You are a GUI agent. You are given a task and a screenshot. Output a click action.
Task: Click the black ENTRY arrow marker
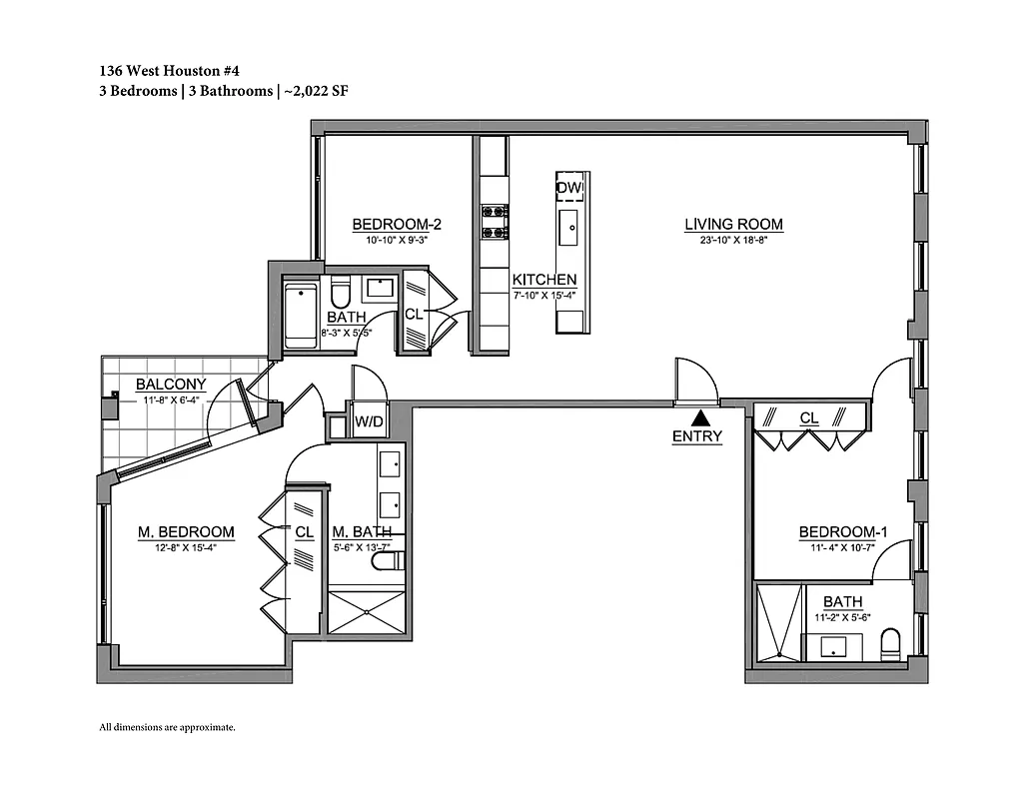click(702, 418)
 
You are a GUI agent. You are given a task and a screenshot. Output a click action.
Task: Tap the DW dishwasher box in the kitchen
click(569, 188)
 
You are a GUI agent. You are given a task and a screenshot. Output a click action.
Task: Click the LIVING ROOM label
click(733, 225)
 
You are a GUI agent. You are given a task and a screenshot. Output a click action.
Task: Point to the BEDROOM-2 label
click(396, 225)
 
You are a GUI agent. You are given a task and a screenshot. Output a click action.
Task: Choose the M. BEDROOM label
click(186, 532)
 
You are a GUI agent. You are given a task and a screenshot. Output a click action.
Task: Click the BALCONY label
click(171, 385)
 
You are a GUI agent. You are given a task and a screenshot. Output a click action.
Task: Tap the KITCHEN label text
click(544, 280)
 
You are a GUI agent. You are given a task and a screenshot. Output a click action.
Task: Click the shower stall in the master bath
click(366, 610)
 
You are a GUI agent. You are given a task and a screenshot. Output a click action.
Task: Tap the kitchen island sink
click(570, 228)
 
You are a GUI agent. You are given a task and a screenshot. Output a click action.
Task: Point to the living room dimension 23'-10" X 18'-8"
click(733, 240)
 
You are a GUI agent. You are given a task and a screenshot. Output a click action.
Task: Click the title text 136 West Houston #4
click(169, 71)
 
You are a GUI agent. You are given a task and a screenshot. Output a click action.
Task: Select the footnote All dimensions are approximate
click(167, 727)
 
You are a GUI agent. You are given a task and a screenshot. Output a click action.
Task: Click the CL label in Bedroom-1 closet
click(809, 417)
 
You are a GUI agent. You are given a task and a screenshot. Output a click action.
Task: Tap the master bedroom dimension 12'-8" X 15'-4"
click(186, 547)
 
